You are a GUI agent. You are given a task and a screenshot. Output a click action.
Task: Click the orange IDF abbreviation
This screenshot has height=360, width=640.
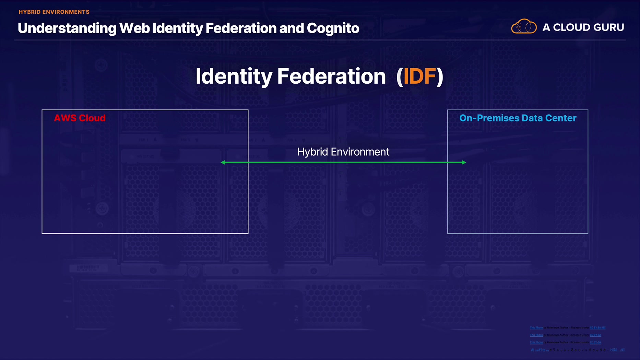point(419,76)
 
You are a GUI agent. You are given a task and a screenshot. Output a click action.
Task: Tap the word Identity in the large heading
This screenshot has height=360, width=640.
point(234,76)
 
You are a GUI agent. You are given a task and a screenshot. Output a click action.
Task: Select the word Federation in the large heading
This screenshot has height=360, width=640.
point(331,76)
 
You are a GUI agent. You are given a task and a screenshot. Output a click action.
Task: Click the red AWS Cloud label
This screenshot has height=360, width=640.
point(80,118)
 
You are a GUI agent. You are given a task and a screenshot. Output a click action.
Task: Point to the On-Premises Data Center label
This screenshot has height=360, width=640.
point(518,118)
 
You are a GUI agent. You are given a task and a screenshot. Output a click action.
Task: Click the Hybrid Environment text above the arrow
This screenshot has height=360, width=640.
point(343,152)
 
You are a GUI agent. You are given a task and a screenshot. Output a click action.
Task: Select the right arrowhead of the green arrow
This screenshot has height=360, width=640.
point(464,163)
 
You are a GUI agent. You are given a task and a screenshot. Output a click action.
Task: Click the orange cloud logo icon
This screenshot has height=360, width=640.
point(524,26)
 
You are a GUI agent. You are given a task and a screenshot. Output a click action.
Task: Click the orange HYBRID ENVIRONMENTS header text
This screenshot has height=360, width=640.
point(54,12)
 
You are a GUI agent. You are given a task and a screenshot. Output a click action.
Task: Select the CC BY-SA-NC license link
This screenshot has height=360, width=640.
point(597,328)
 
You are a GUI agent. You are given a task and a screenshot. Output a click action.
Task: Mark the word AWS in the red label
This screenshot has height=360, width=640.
point(65,118)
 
